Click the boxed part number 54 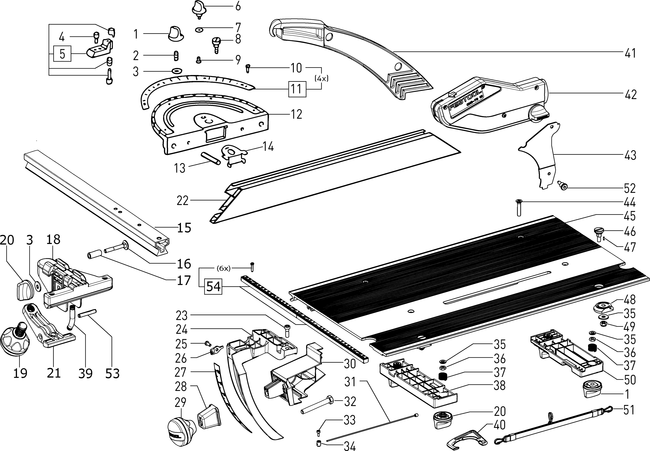[213, 287]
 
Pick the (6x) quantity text [223, 268]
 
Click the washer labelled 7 [199, 29]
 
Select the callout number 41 [630, 53]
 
